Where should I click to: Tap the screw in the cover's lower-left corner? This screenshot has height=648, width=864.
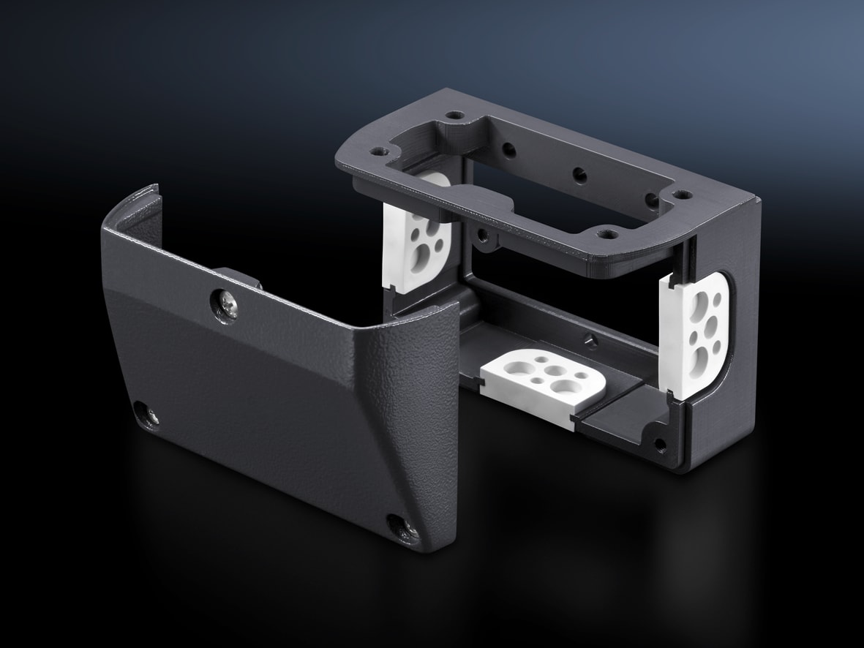150,415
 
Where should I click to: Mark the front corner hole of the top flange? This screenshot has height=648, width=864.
604,236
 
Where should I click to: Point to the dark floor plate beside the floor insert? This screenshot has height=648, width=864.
622,417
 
